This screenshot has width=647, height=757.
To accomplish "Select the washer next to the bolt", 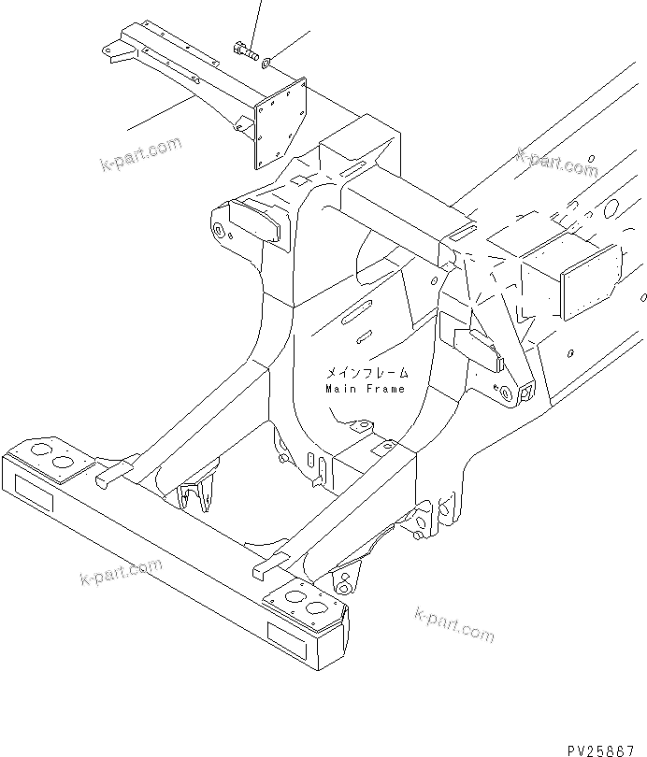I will tap(267, 63).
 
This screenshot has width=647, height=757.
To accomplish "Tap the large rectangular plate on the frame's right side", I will tap(589, 281).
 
